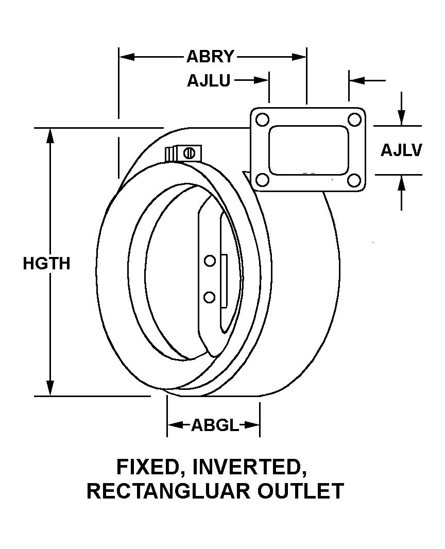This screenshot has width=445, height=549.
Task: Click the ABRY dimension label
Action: tap(211, 57)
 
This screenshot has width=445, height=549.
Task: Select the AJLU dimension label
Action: tap(209, 81)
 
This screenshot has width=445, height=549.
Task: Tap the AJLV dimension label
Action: tap(401, 150)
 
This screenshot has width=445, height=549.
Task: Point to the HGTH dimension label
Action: tap(46, 263)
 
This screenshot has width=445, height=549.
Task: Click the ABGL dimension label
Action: tap(215, 425)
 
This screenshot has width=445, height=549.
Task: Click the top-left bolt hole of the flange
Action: tap(263, 120)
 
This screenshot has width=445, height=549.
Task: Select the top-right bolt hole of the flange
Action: tap(354, 119)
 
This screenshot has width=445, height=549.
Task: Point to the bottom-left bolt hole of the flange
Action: tap(263, 180)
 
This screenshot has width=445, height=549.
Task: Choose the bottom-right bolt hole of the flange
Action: tap(354, 180)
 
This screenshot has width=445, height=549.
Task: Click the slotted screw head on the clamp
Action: tap(189, 153)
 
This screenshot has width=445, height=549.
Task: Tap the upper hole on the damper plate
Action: tap(209, 261)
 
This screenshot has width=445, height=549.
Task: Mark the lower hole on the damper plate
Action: tap(209, 297)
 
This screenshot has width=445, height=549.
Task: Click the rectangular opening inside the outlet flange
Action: tap(308, 150)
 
